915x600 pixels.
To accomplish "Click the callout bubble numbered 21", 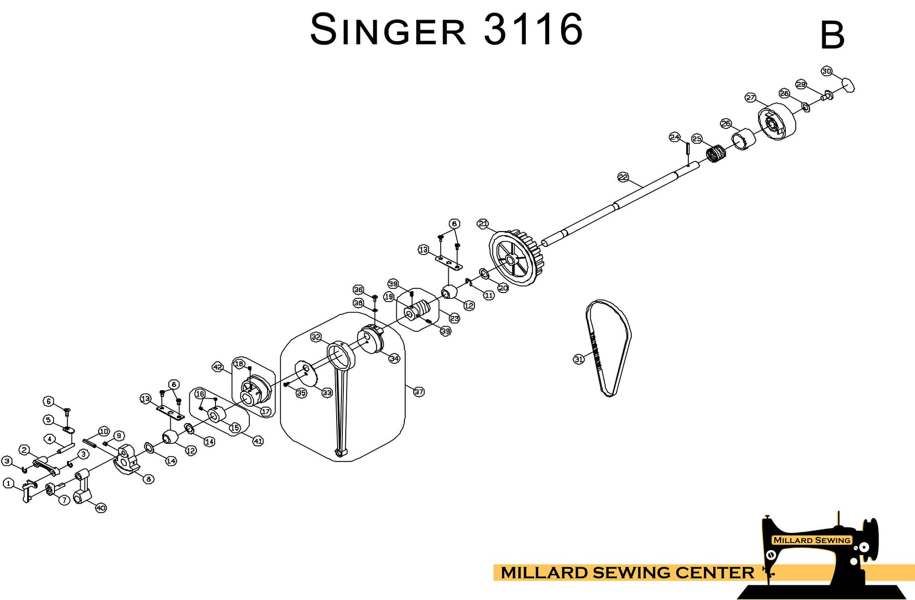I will coord(483,223).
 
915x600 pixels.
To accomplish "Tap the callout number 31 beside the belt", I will coord(578,359).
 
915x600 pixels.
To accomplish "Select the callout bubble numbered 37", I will coord(419,392).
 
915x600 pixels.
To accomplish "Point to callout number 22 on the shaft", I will coord(623,177).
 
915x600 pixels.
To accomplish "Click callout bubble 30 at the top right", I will coord(826,71).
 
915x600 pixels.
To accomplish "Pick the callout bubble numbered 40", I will coord(101,508).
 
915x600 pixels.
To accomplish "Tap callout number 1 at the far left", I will coord(8,483).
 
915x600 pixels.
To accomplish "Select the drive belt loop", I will coord(609,348).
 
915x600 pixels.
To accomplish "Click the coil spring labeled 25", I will coord(715,154).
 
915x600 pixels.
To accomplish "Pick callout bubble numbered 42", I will coord(217,367).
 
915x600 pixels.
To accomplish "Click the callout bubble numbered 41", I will coord(257,441).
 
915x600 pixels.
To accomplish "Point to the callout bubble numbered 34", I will coord(394,358).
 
